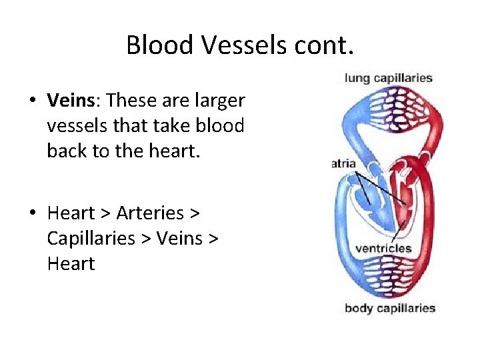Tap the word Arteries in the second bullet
click(x=150, y=213)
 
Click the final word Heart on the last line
click(x=71, y=263)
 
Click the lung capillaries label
click(x=389, y=78)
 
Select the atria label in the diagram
click(x=343, y=163)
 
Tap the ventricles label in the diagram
click(x=383, y=249)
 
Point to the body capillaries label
click(x=390, y=308)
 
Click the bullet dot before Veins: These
click(x=32, y=101)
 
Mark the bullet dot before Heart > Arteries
click(x=32, y=213)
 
